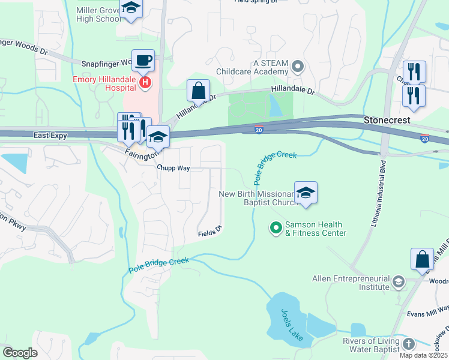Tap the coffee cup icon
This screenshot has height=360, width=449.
[143, 61]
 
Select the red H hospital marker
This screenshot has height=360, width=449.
[144, 83]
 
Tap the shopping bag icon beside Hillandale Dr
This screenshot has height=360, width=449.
[198, 91]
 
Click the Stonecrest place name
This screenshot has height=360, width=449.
[387, 120]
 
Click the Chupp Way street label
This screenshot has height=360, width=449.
[173, 169]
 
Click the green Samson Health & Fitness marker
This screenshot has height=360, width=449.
[276, 228]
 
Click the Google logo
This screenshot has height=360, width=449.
[20, 353]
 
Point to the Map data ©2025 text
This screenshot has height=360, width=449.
[423, 355]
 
